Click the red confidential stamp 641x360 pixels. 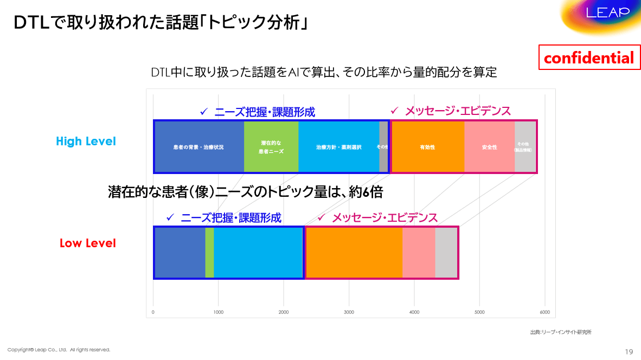pyautogui.click(x=588, y=58)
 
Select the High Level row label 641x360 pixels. pyautogui.click(x=86, y=142)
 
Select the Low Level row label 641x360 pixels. pyautogui.click(x=87, y=243)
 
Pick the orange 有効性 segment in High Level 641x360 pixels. pyautogui.click(x=427, y=147)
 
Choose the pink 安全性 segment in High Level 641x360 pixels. pyautogui.click(x=489, y=147)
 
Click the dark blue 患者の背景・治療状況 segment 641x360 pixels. pyautogui.click(x=198, y=147)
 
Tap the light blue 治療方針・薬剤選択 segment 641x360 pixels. pyautogui.click(x=338, y=147)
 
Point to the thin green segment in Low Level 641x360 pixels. pyautogui.click(x=209, y=253)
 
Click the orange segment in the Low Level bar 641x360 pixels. pyautogui.click(x=354, y=253)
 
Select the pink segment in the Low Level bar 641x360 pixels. pyautogui.click(x=419, y=253)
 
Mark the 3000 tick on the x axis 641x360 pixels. pyautogui.click(x=349, y=312)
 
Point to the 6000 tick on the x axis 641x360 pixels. pyautogui.click(x=544, y=312)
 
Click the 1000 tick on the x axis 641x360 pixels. pyautogui.click(x=218, y=312)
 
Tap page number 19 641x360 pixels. pyautogui.click(x=629, y=352)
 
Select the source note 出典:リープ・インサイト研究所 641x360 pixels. pyautogui.click(x=561, y=332)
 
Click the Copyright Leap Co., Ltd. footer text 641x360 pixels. pyautogui.click(x=59, y=350)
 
